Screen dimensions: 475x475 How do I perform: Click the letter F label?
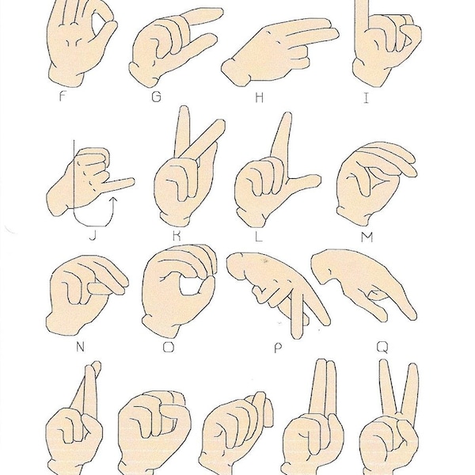point(63,98)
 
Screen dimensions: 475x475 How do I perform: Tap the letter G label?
point(157,98)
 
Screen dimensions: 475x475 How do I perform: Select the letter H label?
point(259,98)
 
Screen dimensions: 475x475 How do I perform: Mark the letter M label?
point(372,235)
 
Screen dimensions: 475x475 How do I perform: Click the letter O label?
point(168,346)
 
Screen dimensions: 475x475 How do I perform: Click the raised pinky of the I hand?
point(362,20)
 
